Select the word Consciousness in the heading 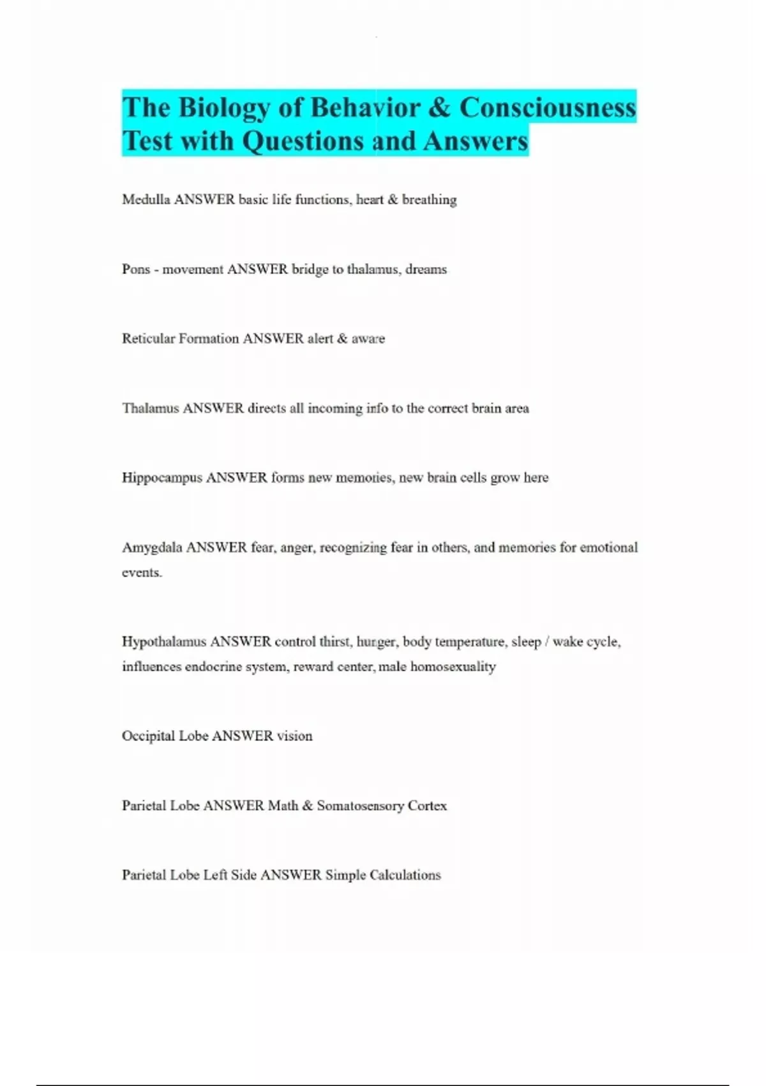pyautogui.click(x=548, y=107)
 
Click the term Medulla pyautogui.click(x=146, y=199)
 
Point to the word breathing pyautogui.click(x=429, y=200)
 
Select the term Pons pyautogui.click(x=136, y=269)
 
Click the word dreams pyautogui.click(x=426, y=269)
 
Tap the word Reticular pyautogui.click(x=148, y=339)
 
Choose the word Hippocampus pyautogui.click(x=162, y=478)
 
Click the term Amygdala pyautogui.click(x=152, y=547)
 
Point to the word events pyautogui.click(x=142, y=572)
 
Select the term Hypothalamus pyautogui.click(x=164, y=641)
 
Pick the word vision pyautogui.click(x=294, y=736)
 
